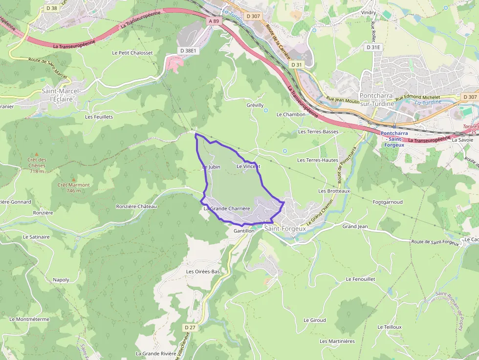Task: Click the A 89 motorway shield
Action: click(x=214, y=21)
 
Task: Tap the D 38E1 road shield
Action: click(x=188, y=50)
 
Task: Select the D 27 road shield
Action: click(x=190, y=327)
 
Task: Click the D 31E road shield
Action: click(x=373, y=47)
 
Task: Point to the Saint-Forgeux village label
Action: click(x=285, y=228)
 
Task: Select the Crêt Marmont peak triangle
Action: click(x=74, y=179)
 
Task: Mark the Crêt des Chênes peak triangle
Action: click(x=37, y=154)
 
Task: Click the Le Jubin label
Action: click(x=211, y=167)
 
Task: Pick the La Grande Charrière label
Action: click(x=227, y=209)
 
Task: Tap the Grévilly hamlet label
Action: click(x=255, y=105)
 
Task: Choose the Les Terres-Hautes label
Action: click(x=318, y=160)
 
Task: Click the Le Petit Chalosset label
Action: click(x=132, y=53)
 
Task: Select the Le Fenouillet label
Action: click(x=360, y=279)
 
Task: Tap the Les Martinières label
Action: click(x=337, y=341)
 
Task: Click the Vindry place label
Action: click(x=368, y=12)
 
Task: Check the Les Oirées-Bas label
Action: click(x=203, y=271)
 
